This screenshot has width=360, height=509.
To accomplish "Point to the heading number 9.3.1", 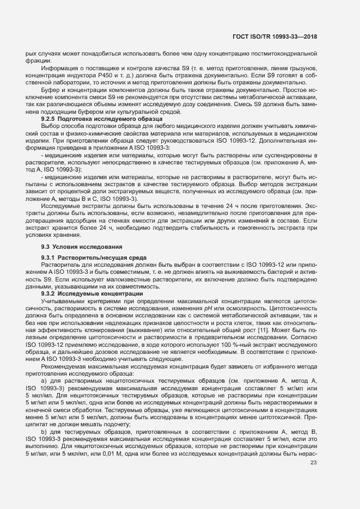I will coord(50,257).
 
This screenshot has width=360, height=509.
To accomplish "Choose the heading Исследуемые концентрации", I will coord(95,294).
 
